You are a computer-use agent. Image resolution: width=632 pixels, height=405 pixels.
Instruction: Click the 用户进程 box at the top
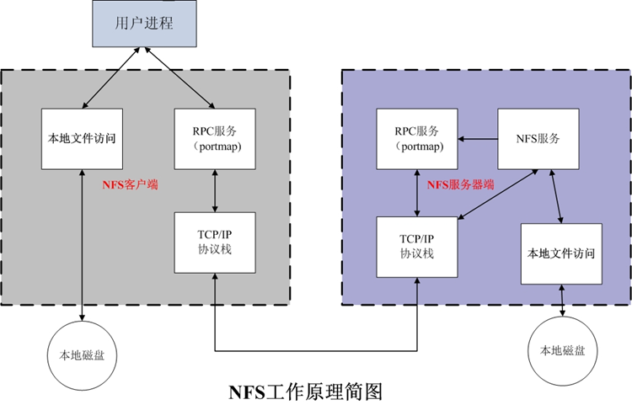(144, 24)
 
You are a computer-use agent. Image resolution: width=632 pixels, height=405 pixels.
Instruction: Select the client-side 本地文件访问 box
(82, 138)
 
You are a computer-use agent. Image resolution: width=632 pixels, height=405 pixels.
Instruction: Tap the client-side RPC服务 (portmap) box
(216, 138)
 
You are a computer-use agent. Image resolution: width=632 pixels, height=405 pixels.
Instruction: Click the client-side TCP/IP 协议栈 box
(216, 242)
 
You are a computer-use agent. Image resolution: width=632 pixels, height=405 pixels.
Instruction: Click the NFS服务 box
(539, 138)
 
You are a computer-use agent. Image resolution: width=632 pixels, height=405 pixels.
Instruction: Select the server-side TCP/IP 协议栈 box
(417, 245)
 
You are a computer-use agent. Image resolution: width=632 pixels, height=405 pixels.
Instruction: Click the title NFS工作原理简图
(306, 391)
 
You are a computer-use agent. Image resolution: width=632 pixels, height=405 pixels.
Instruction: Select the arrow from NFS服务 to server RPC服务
(478, 137)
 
